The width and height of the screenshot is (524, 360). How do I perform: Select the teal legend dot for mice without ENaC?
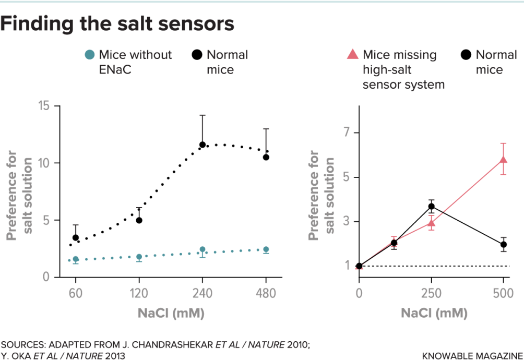(90, 55)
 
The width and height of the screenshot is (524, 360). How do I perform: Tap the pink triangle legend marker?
(353, 54)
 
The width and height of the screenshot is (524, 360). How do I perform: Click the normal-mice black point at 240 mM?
(203, 145)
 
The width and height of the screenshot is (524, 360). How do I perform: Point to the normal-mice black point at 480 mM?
(266, 157)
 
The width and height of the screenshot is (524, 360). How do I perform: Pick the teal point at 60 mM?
(76, 259)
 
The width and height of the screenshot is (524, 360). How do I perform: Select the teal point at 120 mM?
(139, 257)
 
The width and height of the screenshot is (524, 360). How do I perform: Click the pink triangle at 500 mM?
(504, 160)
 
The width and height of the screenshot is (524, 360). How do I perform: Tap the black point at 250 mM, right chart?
(432, 207)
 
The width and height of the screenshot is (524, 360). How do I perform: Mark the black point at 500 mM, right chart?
(504, 244)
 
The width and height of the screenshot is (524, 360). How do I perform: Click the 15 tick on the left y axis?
(46, 106)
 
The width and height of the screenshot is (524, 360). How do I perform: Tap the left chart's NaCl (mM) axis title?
(171, 314)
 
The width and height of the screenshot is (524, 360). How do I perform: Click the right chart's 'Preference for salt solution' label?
(321, 196)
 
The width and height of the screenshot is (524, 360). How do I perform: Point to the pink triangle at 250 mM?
(432, 224)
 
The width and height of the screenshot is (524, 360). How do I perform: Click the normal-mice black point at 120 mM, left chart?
(139, 220)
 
